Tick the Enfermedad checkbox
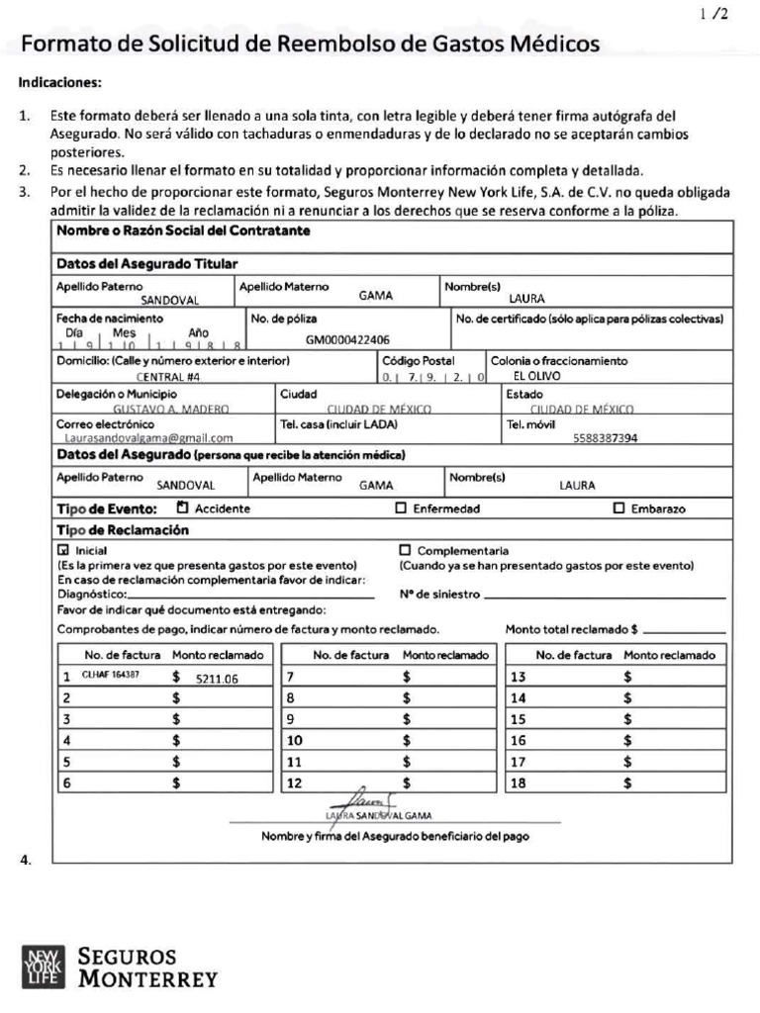pyautogui.click(x=401, y=508)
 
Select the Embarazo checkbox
pyautogui.click(x=619, y=508)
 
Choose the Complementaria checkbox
pyautogui.click(x=404, y=550)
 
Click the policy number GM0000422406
pyautogui.click(x=347, y=339)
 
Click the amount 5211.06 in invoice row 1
pyautogui.click(x=217, y=679)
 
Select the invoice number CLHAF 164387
pyautogui.click(x=110, y=676)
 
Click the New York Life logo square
pyautogui.click(x=43, y=967)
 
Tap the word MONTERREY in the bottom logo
pyautogui.click(x=147, y=980)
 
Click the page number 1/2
pyautogui.click(x=712, y=14)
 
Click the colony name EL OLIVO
pyautogui.click(x=537, y=377)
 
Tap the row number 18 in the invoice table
pyautogui.click(x=518, y=783)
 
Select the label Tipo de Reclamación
pyautogui.click(x=122, y=530)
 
